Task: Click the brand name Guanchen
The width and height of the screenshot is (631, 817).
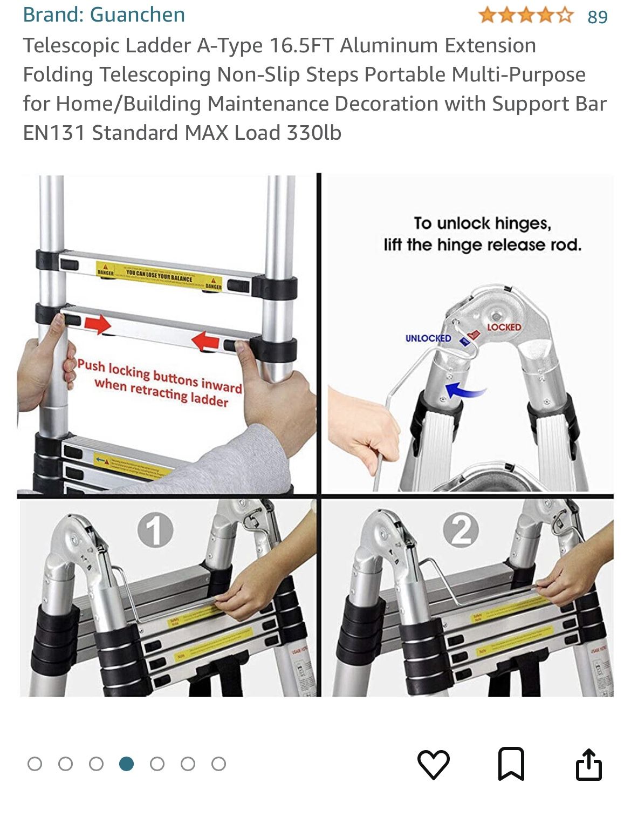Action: [137, 15]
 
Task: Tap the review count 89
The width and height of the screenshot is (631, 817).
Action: [598, 17]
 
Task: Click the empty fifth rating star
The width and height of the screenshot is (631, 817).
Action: [564, 15]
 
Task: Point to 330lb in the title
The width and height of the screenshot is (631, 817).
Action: [314, 133]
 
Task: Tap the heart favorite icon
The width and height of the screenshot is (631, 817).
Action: [433, 764]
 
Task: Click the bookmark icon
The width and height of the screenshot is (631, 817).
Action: [511, 764]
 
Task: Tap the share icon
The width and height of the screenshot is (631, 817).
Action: [588, 764]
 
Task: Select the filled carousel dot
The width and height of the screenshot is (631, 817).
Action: [127, 764]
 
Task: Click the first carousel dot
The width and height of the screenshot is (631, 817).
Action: [35, 764]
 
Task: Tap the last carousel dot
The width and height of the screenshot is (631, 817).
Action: [218, 764]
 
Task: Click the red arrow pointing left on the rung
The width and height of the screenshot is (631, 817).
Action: [205, 341]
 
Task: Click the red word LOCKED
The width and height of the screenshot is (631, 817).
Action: [504, 327]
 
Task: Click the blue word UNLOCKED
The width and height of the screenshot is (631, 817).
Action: [428, 338]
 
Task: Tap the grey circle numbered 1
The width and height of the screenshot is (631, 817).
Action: [155, 530]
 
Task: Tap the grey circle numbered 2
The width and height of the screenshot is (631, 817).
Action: [461, 530]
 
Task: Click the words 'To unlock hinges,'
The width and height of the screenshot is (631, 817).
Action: [482, 223]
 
